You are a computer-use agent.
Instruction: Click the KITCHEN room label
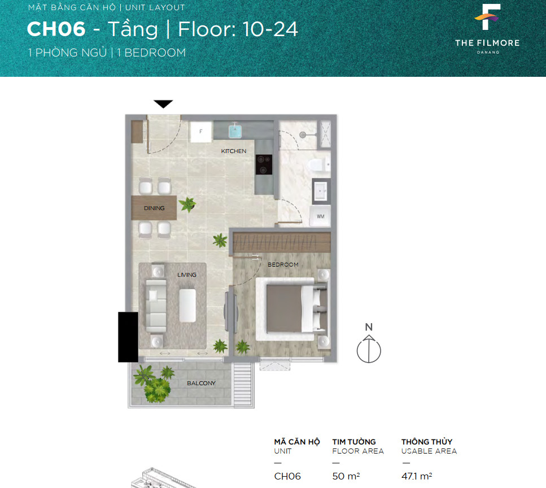point(234,151)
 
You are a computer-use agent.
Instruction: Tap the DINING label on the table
point(154,208)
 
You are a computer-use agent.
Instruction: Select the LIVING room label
point(187,275)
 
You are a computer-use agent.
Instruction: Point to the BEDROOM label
point(283,265)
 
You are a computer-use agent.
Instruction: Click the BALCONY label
point(201,383)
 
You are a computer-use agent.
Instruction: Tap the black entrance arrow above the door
point(163,104)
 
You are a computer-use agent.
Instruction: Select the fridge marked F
point(201,131)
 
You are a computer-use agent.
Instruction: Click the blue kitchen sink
point(235,131)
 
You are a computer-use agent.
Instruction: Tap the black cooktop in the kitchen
point(264,164)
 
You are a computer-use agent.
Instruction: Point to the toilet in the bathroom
point(319,164)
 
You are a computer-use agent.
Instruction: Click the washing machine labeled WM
point(320,216)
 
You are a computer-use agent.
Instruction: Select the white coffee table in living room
point(187,306)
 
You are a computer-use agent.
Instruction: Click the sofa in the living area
point(156,306)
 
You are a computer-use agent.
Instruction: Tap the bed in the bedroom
point(292,309)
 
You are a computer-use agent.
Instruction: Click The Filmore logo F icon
point(488,17)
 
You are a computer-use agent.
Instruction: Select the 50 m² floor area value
point(346,476)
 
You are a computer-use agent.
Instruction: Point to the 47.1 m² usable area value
point(417,476)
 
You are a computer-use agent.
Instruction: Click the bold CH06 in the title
point(56,29)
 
